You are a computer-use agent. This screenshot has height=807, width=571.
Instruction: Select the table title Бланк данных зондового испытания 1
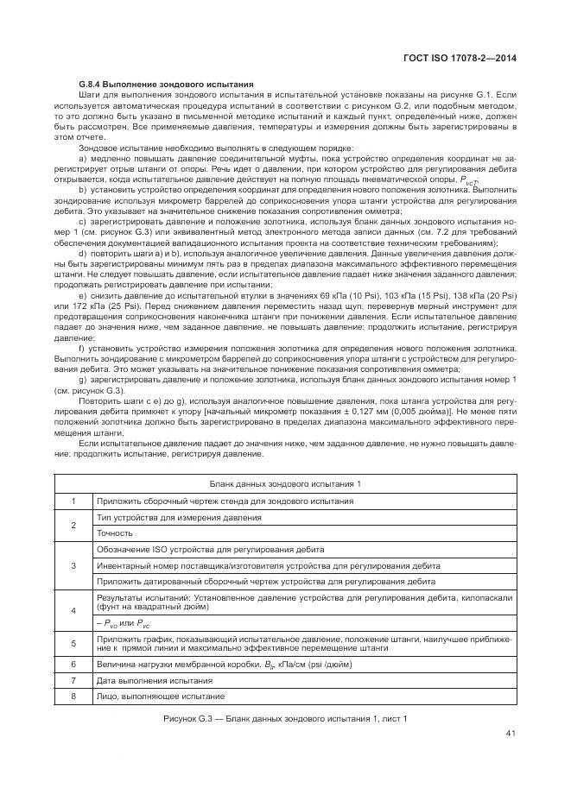tap(285, 484)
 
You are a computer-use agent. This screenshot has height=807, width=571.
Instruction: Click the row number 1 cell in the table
tap(73, 501)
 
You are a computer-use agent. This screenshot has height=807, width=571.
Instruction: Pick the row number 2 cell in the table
tap(73, 525)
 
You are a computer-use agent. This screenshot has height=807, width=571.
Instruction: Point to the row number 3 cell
tap(73, 565)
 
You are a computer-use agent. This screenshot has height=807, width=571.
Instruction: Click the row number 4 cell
tap(73, 609)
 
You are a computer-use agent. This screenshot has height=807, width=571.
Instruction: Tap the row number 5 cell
tap(73, 643)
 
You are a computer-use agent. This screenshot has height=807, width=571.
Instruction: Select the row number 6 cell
tap(73, 665)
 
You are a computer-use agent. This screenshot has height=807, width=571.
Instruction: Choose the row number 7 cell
tap(73, 680)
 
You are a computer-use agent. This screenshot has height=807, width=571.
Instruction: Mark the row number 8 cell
tap(73, 696)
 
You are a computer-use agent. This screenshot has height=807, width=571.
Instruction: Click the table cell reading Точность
tap(114, 533)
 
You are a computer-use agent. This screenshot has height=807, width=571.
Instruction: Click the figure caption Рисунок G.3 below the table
tap(285, 718)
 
